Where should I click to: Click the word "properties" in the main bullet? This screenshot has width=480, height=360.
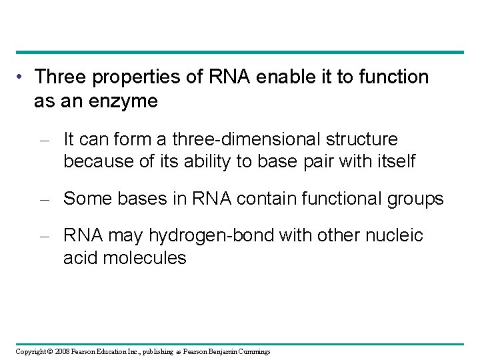click(x=125, y=78)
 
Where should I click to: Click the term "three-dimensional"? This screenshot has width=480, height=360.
click(x=244, y=139)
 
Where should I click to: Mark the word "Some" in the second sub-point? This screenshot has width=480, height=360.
click(x=85, y=198)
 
